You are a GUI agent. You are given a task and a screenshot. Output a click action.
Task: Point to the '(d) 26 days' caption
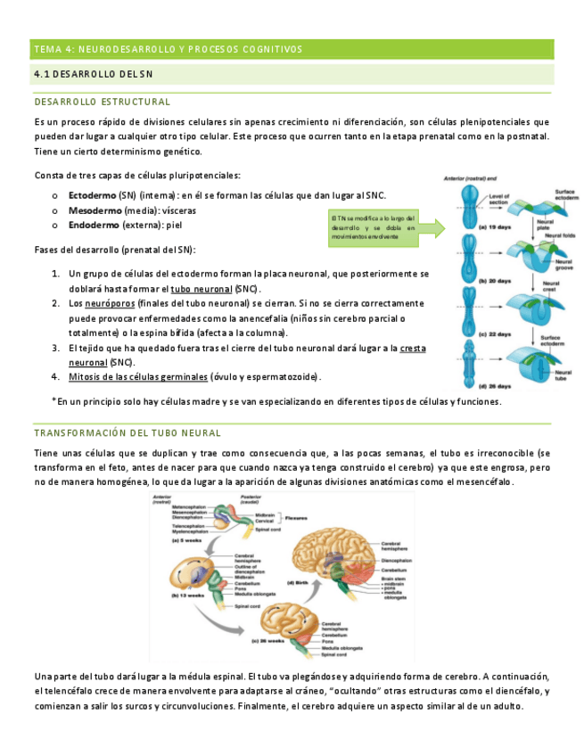pos(470,386)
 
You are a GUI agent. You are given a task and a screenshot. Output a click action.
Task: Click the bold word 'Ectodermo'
pos(95,194)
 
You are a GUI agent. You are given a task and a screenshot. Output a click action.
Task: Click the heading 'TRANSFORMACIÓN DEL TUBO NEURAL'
pos(127,433)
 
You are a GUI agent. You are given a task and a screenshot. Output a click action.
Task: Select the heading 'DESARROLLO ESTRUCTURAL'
pos(103,103)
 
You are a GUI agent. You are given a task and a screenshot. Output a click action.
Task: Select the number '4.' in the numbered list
pos(55,376)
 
